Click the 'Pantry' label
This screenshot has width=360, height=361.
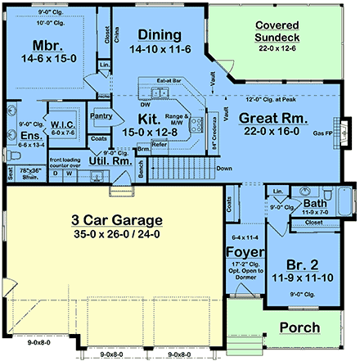[x=101, y=116]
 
